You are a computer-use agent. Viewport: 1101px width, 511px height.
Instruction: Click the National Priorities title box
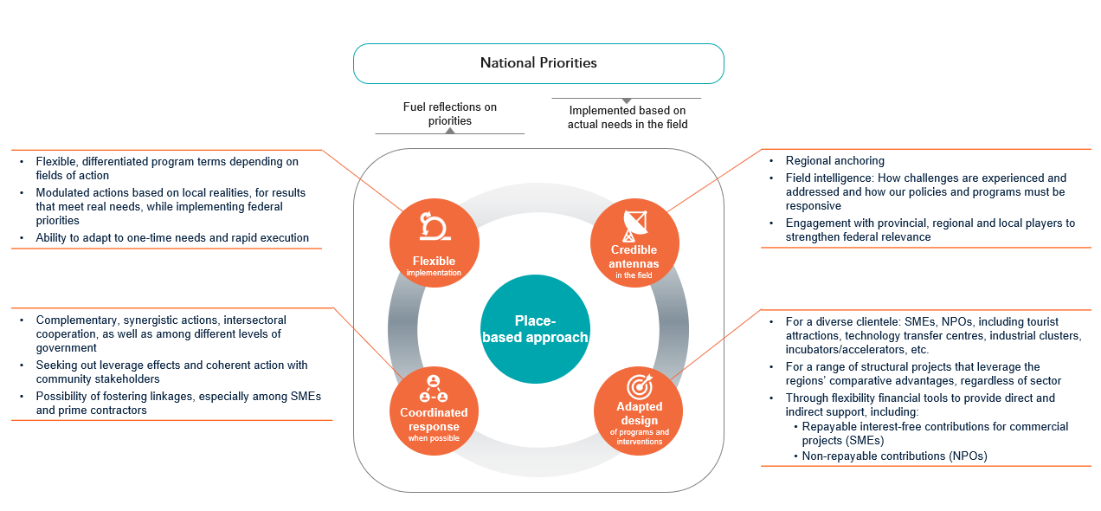(x=538, y=63)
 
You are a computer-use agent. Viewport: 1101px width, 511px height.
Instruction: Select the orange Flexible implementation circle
(x=434, y=243)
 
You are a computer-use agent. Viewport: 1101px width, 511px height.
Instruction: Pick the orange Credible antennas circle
(x=634, y=243)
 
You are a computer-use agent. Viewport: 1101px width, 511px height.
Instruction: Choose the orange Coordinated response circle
(x=434, y=408)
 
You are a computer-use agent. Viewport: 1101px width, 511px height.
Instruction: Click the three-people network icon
(x=434, y=388)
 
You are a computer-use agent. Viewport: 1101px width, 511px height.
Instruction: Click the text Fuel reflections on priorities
(x=450, y=113)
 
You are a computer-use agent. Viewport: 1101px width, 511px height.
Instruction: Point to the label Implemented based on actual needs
(x=628, y=117)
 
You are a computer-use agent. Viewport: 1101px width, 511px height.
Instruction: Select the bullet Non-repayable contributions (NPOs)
(x=894, y=456)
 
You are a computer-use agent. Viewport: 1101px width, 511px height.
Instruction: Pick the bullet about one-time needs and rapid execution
(x=172, y=237)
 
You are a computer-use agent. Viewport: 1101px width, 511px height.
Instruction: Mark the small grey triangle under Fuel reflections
(x=450, y=131)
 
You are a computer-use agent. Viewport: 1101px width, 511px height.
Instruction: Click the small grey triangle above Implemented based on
(x=627, y=101)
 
